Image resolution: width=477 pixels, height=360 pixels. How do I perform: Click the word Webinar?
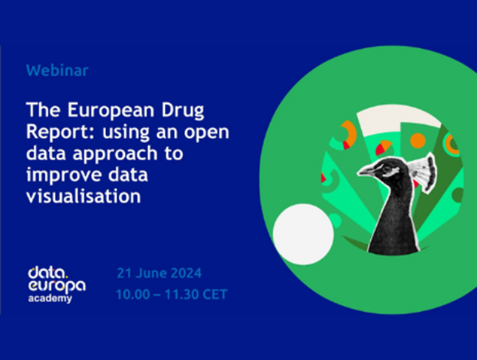tap(57, 71)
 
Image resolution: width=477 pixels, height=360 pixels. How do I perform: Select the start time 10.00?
tap(132, 293)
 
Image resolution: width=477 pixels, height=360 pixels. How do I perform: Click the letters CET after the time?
tap(213, 293)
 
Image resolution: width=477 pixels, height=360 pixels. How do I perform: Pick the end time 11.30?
tap(181, 293)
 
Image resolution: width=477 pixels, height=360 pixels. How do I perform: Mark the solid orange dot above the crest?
tap(418, 140)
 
